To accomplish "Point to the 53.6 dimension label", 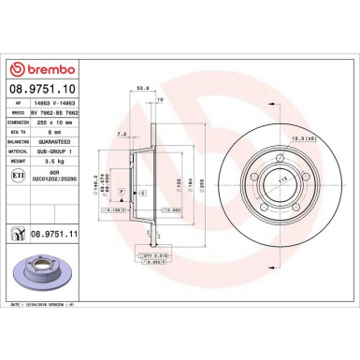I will click(143, 90).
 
